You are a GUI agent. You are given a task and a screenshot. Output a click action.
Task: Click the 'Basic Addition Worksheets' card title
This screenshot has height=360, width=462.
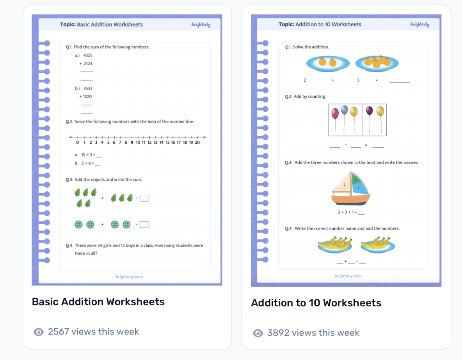coord(98,302)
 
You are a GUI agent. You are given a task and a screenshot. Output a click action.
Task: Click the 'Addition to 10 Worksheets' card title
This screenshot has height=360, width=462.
coord(316,303)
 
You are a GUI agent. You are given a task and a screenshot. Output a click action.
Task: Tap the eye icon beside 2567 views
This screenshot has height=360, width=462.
coord(38,332)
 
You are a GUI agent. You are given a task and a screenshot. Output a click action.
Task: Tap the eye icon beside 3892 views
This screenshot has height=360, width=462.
coord(258,333)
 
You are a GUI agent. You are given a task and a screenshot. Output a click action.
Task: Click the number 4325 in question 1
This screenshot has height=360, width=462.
coord(87,55)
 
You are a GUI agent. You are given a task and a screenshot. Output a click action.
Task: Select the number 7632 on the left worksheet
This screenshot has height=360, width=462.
coord(87,88)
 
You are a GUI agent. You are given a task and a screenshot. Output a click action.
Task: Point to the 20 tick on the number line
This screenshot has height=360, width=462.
coord(197,142)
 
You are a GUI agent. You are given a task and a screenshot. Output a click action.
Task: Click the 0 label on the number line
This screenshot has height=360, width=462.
coord(77,142)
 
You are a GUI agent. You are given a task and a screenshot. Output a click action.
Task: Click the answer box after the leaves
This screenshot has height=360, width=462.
coord(144,198)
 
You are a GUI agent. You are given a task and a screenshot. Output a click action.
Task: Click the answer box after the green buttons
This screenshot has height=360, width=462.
coord(144,225)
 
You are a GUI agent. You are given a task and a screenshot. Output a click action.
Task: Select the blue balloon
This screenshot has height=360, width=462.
coord(344,110)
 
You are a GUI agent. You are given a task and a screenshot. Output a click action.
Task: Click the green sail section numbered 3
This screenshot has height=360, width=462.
coord(356,180)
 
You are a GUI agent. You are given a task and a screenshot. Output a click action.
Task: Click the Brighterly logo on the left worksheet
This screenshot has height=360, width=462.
coord(201,25)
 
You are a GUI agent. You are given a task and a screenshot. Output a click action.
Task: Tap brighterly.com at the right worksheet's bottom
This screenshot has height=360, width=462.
coord(348,276)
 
